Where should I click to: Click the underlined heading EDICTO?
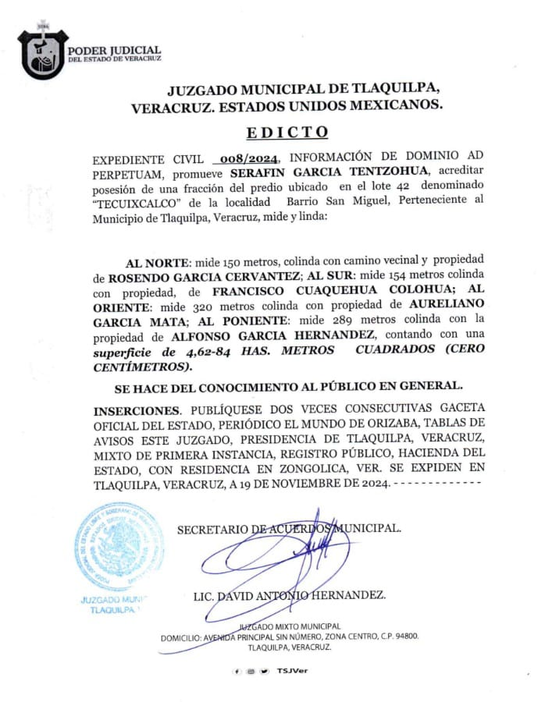pyautogui.click(x=287, y=132)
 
